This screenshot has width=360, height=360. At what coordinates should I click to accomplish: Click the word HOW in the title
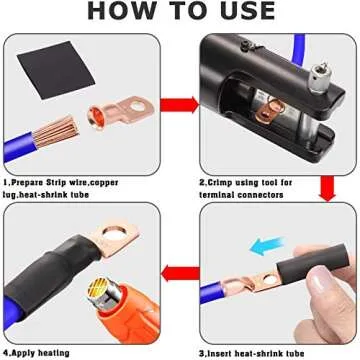[x=123, y=11]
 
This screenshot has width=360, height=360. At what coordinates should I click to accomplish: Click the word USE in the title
[x=246, y=11]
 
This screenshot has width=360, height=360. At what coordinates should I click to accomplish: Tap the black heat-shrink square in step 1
[x=56, y=70]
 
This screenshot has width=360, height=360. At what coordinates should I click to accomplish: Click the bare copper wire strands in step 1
[x=56, y=131]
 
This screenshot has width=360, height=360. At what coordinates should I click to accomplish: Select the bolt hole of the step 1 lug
[x=138, y=107]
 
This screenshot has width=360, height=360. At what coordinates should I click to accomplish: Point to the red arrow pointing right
[x=179, y=105]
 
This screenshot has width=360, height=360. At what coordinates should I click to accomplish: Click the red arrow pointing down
[x=327, y=188]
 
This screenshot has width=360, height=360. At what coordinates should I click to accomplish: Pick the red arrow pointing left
[x=180, y=274]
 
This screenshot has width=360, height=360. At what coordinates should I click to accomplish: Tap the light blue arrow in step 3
[x=267, y=246]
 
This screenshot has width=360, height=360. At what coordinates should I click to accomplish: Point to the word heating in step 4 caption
[x=54, y=353]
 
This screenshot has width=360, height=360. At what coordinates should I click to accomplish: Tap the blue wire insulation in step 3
[x=213, y=292]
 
